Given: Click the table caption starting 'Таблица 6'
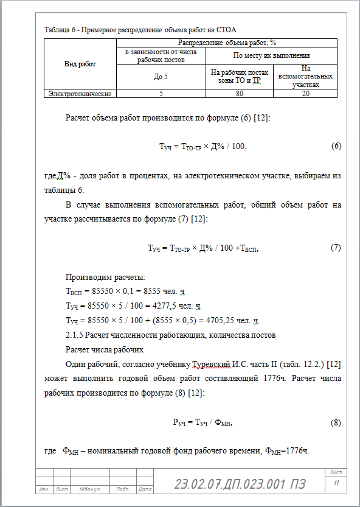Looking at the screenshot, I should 140,29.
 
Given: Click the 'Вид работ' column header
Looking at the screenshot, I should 80,64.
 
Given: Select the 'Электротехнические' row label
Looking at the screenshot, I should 80,94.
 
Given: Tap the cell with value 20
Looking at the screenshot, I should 305,94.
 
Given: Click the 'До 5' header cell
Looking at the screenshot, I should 161,77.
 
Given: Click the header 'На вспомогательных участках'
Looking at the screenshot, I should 305,77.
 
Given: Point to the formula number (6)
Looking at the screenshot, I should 336,147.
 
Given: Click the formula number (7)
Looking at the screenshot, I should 336,248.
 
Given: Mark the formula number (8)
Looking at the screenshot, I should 336,422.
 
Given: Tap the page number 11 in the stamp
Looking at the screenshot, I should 335,483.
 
